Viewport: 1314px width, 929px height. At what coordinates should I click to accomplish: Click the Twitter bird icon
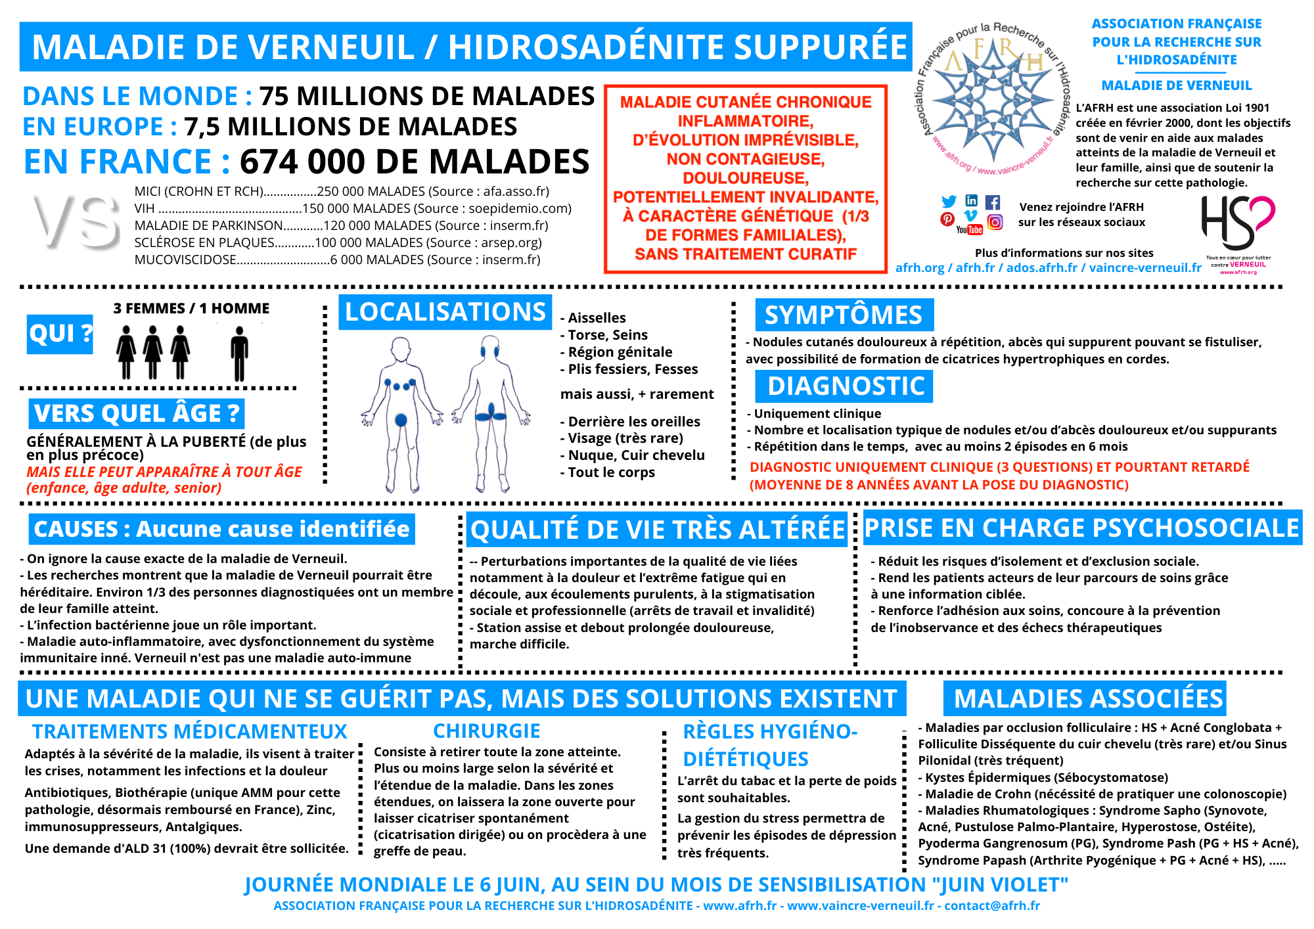tap(949, 202)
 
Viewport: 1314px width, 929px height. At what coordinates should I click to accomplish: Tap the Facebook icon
tap(993, 202)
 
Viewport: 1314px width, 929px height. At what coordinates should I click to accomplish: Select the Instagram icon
tap(995, 222)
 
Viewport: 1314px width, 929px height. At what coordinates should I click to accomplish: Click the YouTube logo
tap(970, 229)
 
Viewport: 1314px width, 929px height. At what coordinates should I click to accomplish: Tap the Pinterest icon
tap(947, 219)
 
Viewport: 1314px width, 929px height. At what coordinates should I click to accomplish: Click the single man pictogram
tap(239, 355)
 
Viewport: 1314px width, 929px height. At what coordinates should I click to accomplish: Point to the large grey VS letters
tap(78, 222)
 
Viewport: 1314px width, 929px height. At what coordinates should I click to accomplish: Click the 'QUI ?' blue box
tap(60, 334)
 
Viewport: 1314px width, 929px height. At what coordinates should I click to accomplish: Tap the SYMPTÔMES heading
tap(844, 315)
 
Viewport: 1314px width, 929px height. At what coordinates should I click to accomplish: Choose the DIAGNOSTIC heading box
tap(845, 386)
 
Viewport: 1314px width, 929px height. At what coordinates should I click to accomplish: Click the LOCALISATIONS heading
tap(445, 312)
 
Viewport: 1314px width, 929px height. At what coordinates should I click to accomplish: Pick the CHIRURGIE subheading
tap(486, 731)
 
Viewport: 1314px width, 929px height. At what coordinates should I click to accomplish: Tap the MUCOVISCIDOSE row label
tap(185, 260)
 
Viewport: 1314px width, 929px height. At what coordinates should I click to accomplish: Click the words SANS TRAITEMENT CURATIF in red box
tap(746, 254)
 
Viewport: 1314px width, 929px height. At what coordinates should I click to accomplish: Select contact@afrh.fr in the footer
tap(992, 905)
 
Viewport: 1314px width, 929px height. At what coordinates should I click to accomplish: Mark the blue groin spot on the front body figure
tap(401, 419)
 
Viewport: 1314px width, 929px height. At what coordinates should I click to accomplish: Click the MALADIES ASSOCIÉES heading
tap(1088, 698)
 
